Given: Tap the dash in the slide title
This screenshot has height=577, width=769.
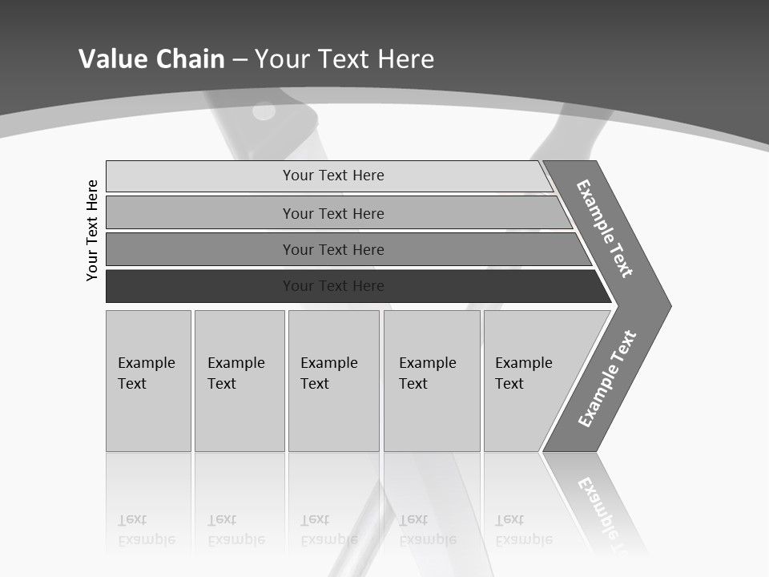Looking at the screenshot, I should (x=240, y=59).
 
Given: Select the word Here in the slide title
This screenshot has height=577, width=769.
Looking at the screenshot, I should (x=405, y=59).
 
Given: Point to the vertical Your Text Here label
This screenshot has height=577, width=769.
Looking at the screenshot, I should (x=92, y=230).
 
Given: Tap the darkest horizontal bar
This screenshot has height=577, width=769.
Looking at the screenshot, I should (x=200, y=286).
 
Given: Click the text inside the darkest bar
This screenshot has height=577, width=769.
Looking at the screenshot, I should (x=333, y=286).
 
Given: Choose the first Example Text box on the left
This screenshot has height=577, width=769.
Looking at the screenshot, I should (x=148, y=381).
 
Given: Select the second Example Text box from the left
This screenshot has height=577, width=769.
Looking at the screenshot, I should (x=240, y=381).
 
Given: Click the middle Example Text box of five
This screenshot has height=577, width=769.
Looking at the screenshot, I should (x=333, y=381).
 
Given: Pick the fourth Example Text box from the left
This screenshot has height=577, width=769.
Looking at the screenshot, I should (x=432, y=381).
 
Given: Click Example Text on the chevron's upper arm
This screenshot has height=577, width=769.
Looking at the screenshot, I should (x=605, y=228).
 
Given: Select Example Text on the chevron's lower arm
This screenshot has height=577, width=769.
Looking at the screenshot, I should (x=606, y=379).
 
